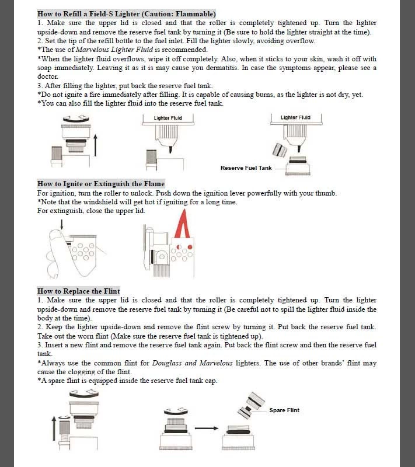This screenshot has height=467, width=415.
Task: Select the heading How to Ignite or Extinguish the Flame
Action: point(101,184)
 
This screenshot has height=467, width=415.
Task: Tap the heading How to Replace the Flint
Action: point(79,291)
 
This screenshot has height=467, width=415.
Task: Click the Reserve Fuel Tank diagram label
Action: point(246,168)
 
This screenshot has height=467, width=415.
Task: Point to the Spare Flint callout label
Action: point(284,410)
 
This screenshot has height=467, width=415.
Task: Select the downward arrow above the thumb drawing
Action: point(62,224)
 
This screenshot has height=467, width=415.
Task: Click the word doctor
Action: point(47,76)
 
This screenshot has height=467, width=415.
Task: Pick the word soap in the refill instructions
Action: point(46,68)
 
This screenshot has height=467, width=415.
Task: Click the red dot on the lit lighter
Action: point(179,247)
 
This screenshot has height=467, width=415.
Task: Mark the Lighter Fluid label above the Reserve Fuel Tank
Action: point(295,117)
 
